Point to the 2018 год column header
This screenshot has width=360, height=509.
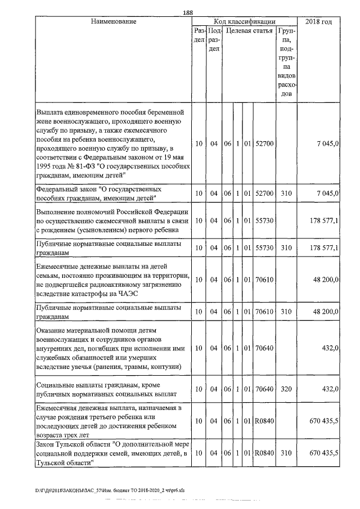point(318,22)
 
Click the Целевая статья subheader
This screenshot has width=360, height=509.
point(250,31)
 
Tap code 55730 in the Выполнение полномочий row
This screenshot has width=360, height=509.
point(264,220)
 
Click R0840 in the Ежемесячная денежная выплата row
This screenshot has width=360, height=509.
point(264,420)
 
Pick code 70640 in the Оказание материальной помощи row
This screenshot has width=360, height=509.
point(264,349)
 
